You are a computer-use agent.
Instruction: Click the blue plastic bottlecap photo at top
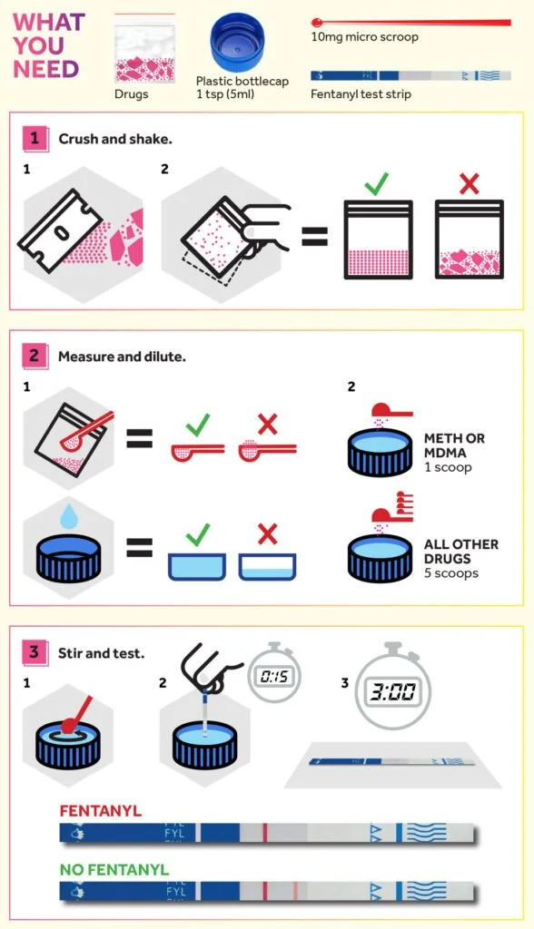(x=238, y=44)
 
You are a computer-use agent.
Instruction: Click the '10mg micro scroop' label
(x=364, y=37)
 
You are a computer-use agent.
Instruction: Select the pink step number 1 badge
(x=34, y=138)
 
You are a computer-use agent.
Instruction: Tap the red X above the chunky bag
(x=469, y=185)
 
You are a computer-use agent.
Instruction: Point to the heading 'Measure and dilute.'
(x=122, y=357)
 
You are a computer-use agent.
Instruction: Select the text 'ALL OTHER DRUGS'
(x=460, y=551)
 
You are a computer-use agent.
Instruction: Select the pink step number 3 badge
(x=34, y=651)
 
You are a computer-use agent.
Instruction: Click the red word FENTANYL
(x=100, y=810)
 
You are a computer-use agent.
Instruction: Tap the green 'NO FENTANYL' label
(x=114, y=869)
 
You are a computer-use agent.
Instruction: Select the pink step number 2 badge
(x=34, y=356)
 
